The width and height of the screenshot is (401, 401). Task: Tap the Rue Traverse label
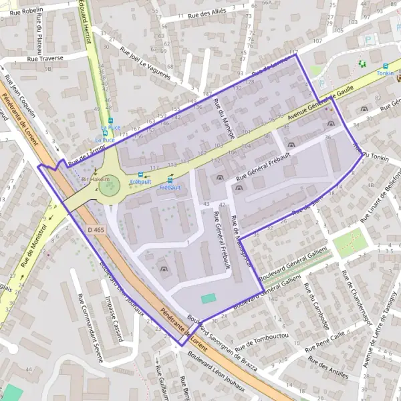45,58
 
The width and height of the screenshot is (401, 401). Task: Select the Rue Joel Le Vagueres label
145,61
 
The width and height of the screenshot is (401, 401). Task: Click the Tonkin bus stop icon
385,66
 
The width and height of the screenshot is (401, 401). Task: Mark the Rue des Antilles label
327,368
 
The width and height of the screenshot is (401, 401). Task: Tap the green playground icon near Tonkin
362,63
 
